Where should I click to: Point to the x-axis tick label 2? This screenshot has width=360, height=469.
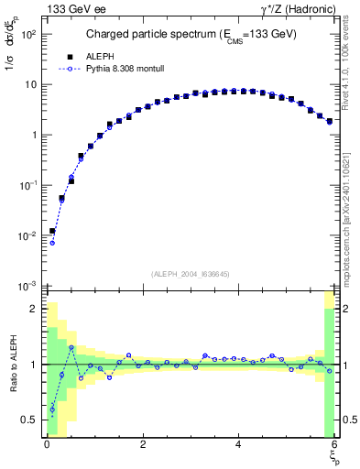pyautogui.click(x=143, y=445)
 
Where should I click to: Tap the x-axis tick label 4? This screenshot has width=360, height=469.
pyautogui.click(x=239, y=445)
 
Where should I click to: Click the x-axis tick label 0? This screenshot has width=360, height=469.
pyautogui.click(x=47, y=445)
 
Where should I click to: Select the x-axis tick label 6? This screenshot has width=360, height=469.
pyautogui.click(x=334, y=445)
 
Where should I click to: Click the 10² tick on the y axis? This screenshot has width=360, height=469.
pyautogui.click(x=28, y=34)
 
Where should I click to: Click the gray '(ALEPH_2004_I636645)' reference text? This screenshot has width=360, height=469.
pyautogui.click(x=191, y=273)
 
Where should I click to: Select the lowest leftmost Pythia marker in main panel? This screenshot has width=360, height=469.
pyautogui.click(x=52, y=243)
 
